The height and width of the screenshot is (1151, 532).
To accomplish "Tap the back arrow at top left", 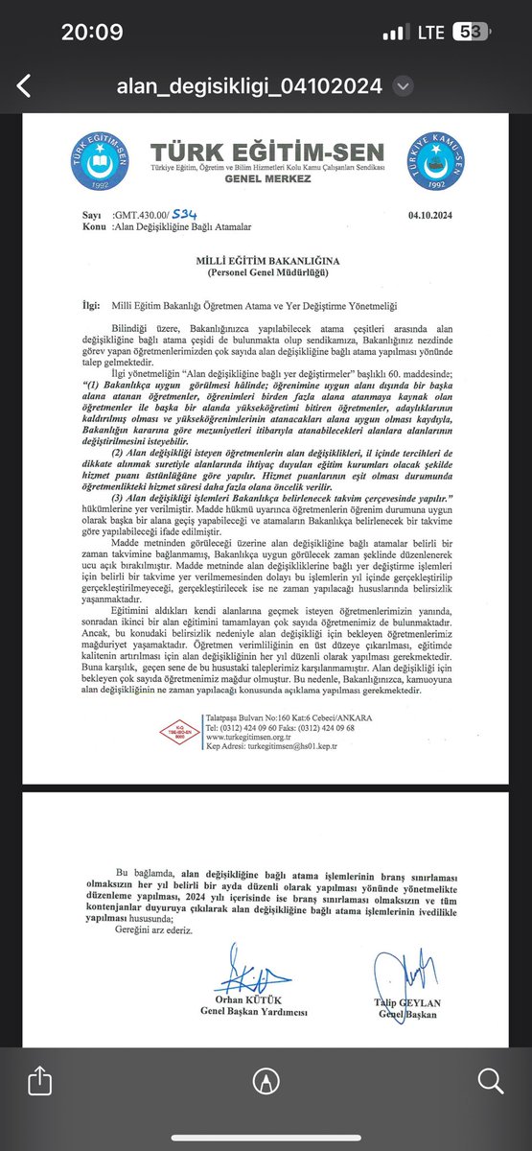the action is pos(24,85).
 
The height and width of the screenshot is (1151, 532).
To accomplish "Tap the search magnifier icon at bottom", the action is pos(490,1082).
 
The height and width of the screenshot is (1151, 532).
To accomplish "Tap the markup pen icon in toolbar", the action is pos(266,1082).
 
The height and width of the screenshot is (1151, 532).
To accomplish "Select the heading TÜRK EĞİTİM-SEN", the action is pos(267,152).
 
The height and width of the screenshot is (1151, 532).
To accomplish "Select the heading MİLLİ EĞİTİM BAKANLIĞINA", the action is pos(266,260).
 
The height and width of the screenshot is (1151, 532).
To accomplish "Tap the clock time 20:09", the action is pos(92,32).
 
